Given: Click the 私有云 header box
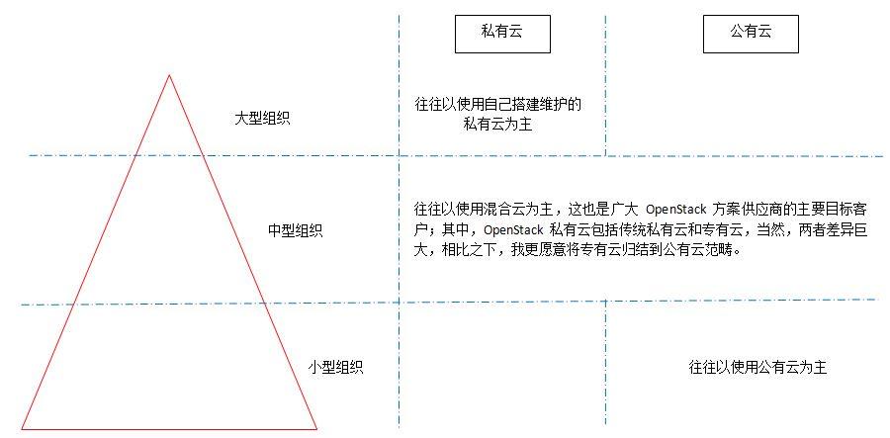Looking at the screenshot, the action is coord(501,33).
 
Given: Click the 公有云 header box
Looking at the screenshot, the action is coord(751,33).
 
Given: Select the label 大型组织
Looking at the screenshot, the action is coord(262,118).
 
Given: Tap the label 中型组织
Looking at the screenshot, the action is coord(295,230).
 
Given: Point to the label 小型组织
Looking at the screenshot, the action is coord(335,367).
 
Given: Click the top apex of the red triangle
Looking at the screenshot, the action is coord(169,74).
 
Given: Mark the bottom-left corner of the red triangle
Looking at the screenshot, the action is coord(22,429).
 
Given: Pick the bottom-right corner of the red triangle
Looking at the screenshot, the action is coord(316,429).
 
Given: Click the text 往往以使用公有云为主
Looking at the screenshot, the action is coord(757,367).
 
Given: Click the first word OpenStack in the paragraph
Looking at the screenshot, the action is coord(676,210).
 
